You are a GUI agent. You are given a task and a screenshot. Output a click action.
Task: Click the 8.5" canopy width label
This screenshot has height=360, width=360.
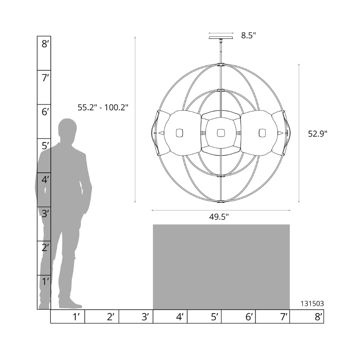point(248,36)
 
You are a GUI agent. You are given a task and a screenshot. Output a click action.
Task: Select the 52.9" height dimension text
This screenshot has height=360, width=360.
point(317,134)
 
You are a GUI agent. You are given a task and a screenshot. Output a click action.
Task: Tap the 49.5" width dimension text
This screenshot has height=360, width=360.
point(219,217)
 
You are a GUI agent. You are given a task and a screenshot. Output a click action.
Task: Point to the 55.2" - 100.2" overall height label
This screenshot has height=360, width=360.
point(103,107)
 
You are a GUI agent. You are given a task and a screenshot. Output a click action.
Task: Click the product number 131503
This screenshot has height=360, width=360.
point(312,303)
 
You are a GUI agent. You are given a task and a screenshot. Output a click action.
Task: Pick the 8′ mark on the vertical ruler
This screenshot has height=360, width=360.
point(45,44)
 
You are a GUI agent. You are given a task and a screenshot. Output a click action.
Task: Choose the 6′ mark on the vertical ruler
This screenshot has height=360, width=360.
point(45,112)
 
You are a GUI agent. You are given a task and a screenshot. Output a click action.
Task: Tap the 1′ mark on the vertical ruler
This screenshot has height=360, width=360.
point(45,282)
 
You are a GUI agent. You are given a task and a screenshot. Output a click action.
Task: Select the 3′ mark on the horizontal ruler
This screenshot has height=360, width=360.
point(145,317)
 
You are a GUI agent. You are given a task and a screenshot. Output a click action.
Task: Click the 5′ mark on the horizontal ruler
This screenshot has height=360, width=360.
point(215,317)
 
